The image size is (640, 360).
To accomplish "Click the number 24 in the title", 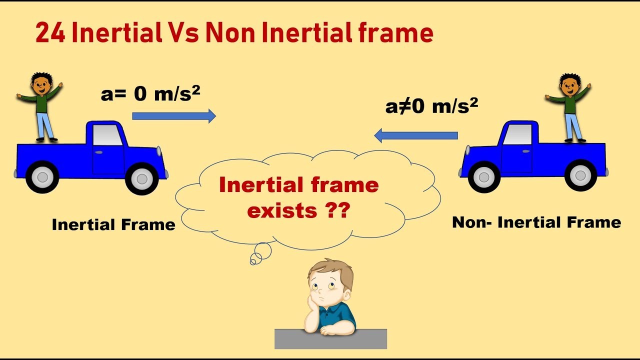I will pos(50,33).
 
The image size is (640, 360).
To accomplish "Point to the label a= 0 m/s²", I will pos(150,93).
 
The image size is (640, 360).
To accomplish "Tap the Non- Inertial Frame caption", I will pos(536,222).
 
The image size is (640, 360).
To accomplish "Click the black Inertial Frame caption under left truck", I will pos(113,224).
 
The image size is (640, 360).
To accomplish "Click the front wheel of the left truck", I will pos(141,178).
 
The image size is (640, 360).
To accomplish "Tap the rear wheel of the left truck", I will pos(42,176).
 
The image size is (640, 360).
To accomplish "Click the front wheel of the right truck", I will pos(484,176).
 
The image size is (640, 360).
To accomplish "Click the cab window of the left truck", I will pos(107,135).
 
